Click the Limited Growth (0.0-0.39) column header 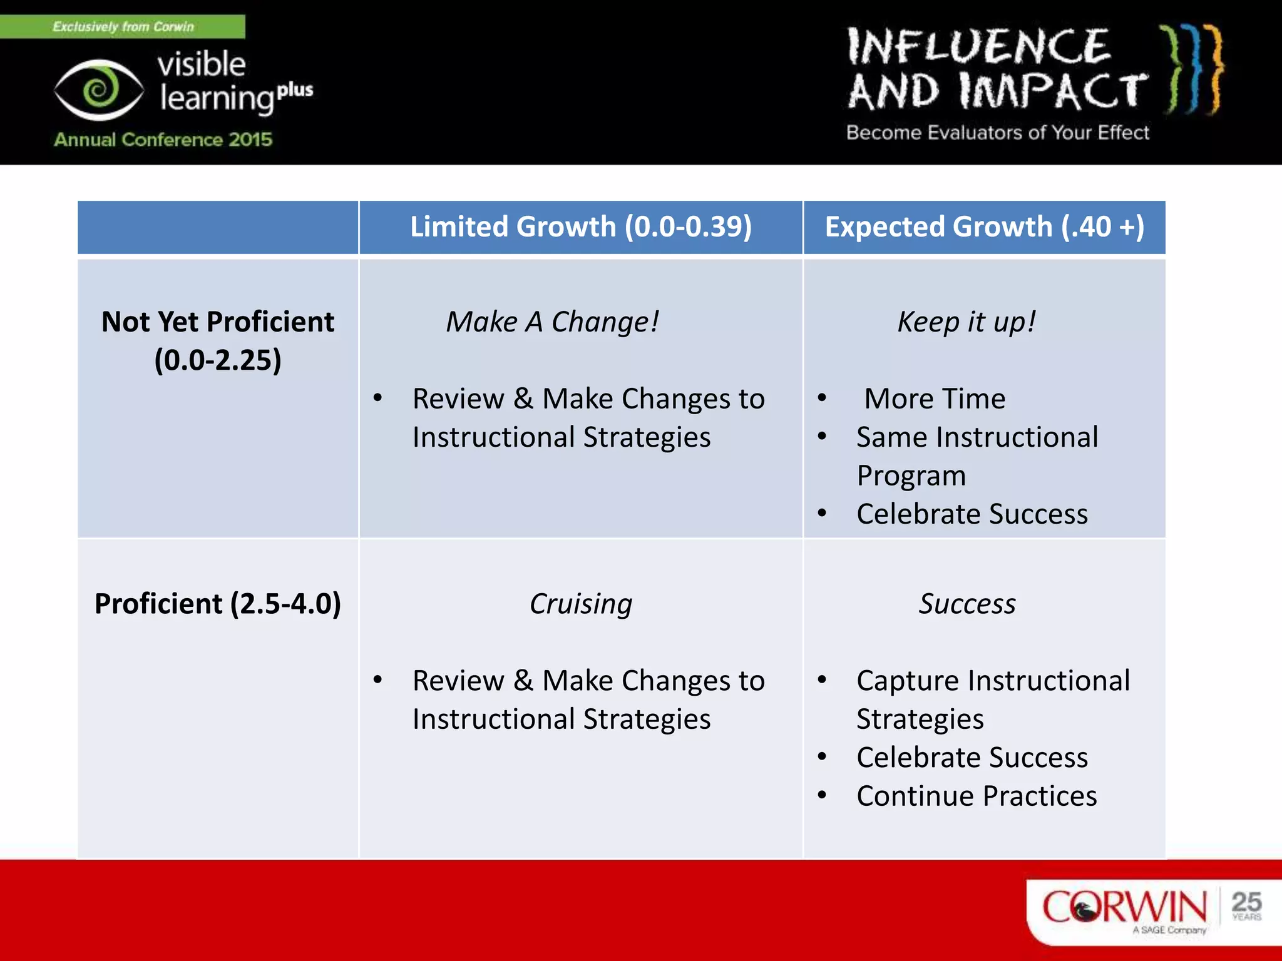pos(580,226)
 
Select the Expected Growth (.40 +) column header pos(984,226)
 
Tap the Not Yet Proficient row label pos(218,340)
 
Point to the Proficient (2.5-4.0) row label pos(218,604)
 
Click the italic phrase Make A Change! pos(552,322)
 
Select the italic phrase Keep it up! pos(967,322)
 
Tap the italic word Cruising pos(580,604)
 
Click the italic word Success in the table pos(967,604)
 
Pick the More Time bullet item pos(934,399)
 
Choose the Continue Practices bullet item pos(977,796)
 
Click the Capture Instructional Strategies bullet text pos(993,699)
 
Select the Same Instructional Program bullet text pos(977,455)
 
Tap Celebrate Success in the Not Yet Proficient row pos(972,514)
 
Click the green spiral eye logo pos(99,89)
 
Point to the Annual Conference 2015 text pos(163,139)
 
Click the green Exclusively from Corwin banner pos(123,26)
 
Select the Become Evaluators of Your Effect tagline pos(997,133)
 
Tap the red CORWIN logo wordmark pos(1124,907)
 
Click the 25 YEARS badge pos(1246,905)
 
